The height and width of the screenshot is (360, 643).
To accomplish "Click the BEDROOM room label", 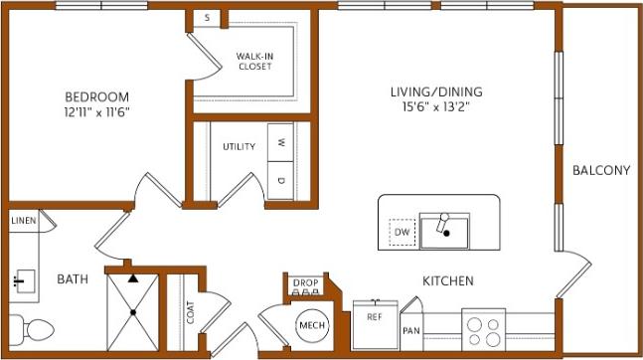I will [96, 96].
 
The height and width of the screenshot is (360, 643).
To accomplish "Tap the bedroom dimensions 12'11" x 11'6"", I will [96, 111].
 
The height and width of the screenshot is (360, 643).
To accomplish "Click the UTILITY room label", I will [239, 146].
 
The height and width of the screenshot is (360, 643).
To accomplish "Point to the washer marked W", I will [281, 141].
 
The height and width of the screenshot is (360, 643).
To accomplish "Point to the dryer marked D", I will [281, 180].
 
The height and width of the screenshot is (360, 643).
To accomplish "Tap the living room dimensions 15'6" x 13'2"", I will [429, 108].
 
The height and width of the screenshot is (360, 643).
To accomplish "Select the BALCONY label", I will [601, 170].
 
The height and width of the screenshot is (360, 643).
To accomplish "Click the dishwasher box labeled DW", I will [402, 233].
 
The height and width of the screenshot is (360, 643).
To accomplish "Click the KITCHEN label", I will [447, 281].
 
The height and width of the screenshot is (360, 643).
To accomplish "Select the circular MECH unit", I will [311, 325].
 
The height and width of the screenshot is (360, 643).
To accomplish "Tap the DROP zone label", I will [305, 284].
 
